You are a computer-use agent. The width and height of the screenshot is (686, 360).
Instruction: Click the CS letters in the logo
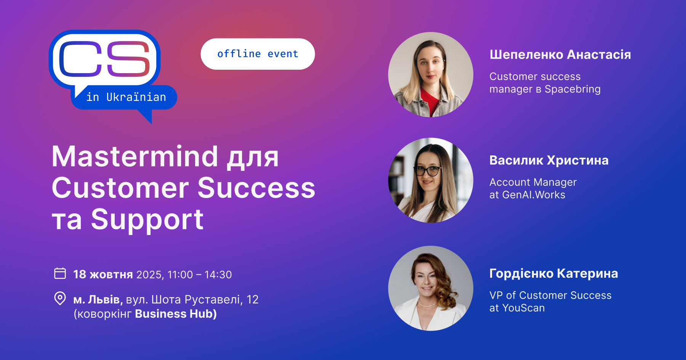[x=105, y=58]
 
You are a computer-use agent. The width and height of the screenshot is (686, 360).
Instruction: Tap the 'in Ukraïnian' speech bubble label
[x=126, y=97]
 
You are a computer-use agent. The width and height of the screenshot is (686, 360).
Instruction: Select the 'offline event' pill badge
[x=258, y=54]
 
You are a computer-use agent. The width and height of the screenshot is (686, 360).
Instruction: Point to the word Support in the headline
[x=147, y=220]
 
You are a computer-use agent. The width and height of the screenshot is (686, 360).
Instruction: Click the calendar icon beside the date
[x=60, y=273]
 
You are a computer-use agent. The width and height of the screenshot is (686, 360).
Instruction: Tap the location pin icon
[x=60, y=298]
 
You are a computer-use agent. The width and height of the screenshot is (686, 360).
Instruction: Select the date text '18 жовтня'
[x=103, y=274]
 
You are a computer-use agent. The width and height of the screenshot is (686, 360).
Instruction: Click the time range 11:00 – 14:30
[x=199, y=275]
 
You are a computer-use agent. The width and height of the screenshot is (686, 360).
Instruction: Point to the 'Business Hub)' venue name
[x=176, y=314]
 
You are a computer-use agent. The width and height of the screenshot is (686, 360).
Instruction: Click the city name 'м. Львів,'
[x=98, y=299]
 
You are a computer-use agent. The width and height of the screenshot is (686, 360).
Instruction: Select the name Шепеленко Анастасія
[x=560, y=54]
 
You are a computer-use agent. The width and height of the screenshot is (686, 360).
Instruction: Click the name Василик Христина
[x=549, y=160]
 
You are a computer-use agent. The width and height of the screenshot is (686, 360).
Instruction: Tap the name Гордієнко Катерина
[x=554, y=274]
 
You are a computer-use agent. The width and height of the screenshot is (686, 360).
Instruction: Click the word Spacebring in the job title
[x=572, y=89]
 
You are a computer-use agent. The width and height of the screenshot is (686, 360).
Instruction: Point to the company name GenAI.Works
[x=534, y=195]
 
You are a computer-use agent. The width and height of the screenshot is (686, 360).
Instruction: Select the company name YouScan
[x=523, y=308]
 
